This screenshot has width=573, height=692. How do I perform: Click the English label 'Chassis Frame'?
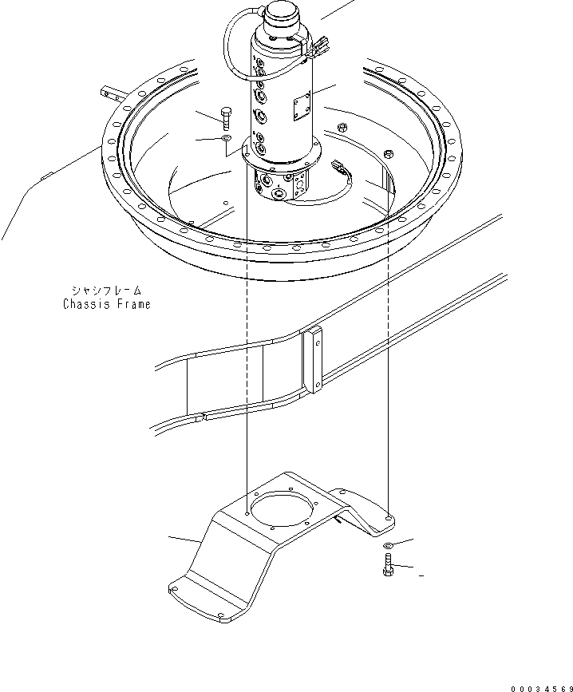point(106,304)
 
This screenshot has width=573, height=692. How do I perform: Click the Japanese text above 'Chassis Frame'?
point(106,291)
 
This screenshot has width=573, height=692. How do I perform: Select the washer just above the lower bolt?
point(388,545)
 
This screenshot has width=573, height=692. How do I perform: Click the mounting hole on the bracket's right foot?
point(389,518)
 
